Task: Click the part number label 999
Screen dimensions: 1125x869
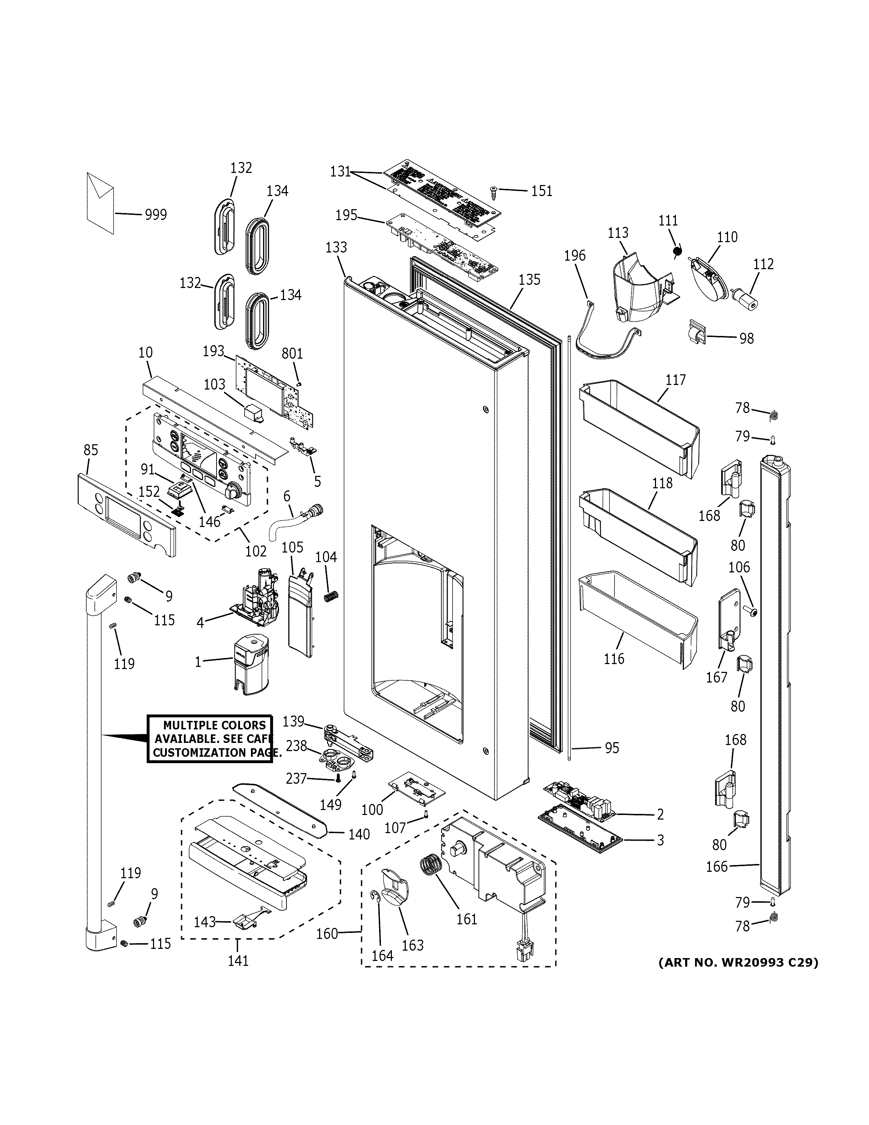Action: click(x=155, y=215)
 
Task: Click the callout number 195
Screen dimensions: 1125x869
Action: click(x=346, y=215)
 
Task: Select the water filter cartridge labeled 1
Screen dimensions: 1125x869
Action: click(x=251, y=664)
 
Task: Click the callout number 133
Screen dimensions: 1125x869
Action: click(x=336, y=247)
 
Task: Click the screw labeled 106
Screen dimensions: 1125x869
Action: click(x=751, y=612)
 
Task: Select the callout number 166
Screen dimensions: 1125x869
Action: click(x=717, y=866)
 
